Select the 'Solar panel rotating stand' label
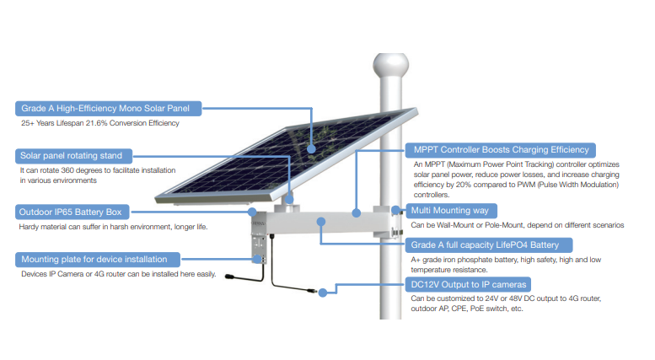[x=72, y=155]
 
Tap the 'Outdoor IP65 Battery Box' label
[x=72, y=212]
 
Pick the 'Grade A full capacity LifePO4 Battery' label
[x=491, y=245]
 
